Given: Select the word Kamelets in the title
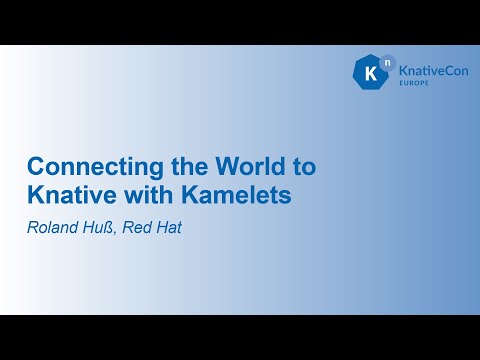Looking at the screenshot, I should point(244,194).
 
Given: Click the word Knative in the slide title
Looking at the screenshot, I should point(64,194).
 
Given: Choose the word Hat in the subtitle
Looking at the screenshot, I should point(169,227).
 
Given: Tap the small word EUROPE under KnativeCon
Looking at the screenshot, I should point(414,88).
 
